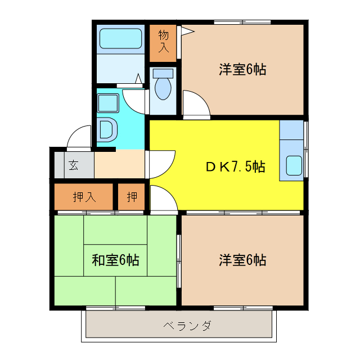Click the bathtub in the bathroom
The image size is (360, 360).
click(120, 39)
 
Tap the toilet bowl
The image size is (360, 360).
click(163, 88)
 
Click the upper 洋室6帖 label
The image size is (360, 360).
click(242, 70)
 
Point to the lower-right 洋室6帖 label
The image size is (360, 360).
click(242, 260)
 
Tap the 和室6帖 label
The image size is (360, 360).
click(115, 260)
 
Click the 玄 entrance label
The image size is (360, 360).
click(74, 165)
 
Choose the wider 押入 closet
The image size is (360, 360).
click(84, 197)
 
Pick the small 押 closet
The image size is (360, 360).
click(132, 197)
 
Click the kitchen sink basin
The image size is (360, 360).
click(294, 165)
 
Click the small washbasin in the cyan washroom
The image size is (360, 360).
click(107, 103)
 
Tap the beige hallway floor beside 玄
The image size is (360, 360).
click(118, 165)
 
